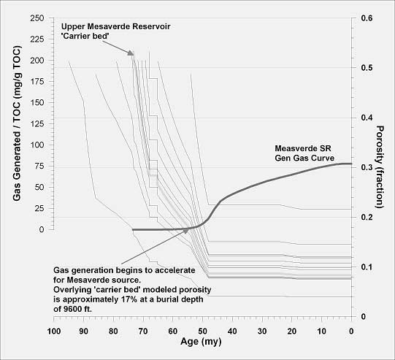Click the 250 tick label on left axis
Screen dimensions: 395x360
pyautogui.click(x=37, y=18)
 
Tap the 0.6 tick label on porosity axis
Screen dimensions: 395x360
pyautogui.click(x=367, y=18)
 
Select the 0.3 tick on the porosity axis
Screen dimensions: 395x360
pyautogui.click(x=353, y=167)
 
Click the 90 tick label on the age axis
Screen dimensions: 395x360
pyautogui.click(x=83, y=331)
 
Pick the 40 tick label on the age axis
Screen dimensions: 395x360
pyautogui.click(x=232, y=331)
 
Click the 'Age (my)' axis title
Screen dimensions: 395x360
pyautogui.click(x=201, y=342)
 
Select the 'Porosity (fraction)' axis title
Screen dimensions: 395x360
pyautogui.click(x=380, y=167)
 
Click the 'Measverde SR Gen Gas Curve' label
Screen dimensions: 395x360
pyautogui.click(x=304, y=153)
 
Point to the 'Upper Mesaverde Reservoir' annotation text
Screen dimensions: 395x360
pyautogui.click(x=116, y=26)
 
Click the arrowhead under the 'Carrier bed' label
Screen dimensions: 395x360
pyautogui.click(x=130, y=53)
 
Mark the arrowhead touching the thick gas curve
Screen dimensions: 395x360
pyautogui.click(x=185, y=230)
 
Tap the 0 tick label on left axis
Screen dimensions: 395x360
pyautogui.click(x=42, y=229)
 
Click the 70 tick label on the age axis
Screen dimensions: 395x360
pyautogui.click(x=143, y=331)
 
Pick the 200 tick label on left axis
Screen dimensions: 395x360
pyautogui.click(x=37, y=61)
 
